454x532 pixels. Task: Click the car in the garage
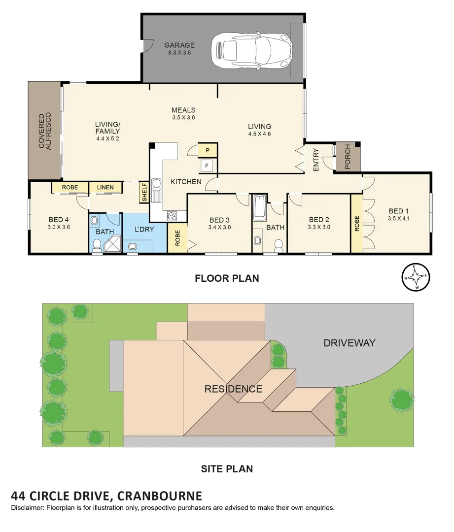point(251,49)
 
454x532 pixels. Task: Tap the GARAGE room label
point(179,45)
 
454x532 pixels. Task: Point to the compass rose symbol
point(416,278)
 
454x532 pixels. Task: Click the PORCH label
point(348,157)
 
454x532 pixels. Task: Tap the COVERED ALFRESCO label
point(45,131)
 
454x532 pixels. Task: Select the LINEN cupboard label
point(105,188)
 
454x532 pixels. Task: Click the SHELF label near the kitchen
point(144,193)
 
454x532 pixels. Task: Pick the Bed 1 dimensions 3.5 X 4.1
point(399,218)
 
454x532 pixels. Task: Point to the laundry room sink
point(132,247)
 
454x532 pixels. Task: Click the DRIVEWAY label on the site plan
point(349,343)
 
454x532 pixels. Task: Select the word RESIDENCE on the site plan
point(233,389)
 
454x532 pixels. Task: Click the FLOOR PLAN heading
point(227,278)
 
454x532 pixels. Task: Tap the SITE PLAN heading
point(227,468)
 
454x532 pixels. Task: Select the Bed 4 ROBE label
point(70,188)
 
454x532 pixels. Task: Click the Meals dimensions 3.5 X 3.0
point(183,118)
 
